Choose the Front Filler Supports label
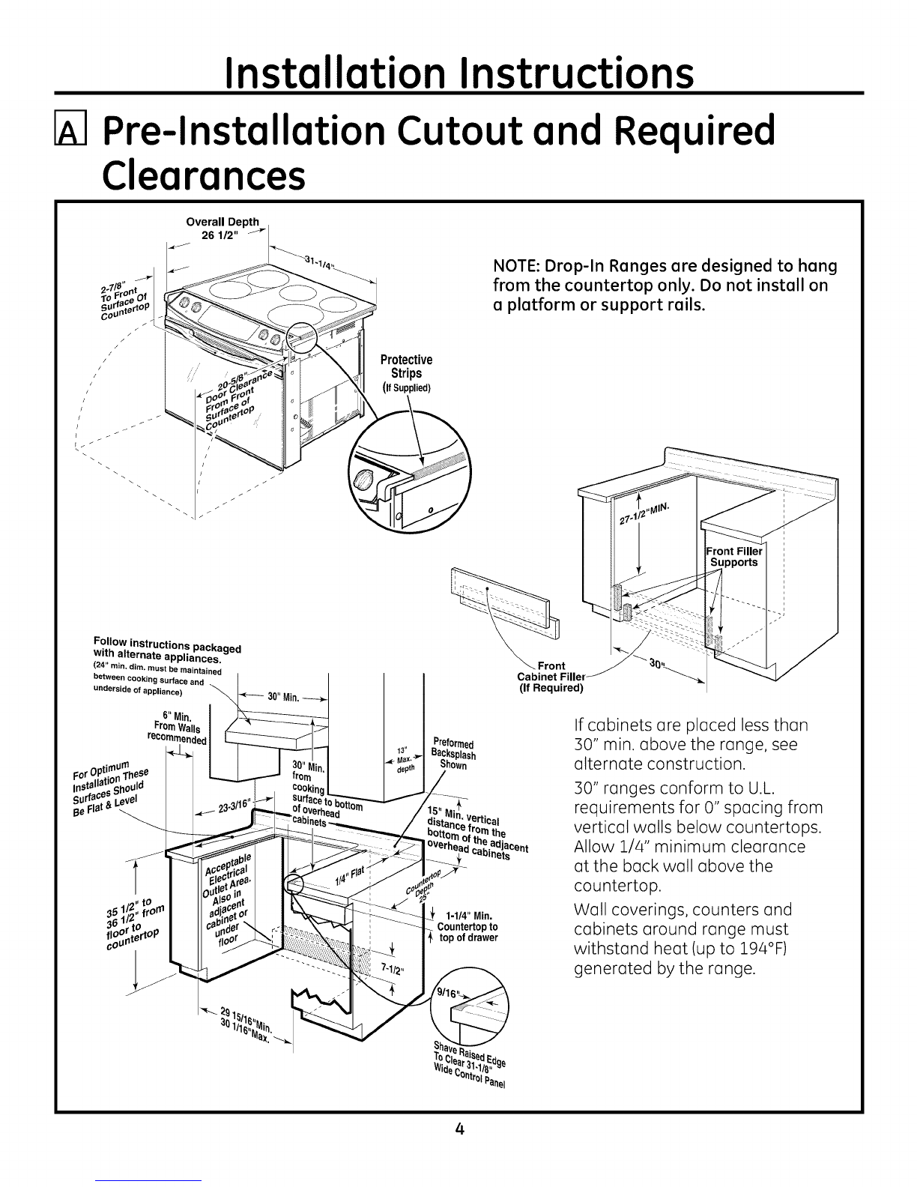(x=733, y=557)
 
